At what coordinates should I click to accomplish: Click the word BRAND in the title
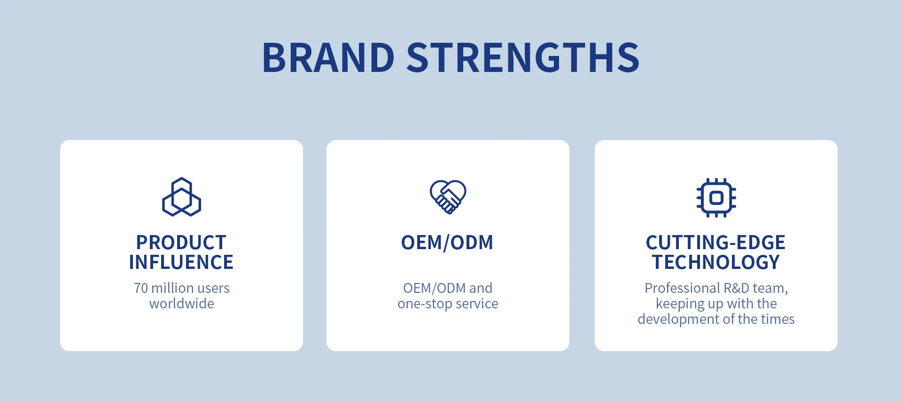click(x=328, y=58)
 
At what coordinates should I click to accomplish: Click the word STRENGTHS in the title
click(x=523, y=58)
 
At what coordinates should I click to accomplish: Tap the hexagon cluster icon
click(x=181, y=197)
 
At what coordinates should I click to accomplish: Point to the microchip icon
click(x=716, y=197)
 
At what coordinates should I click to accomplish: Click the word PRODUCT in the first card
click(x=181, y=243)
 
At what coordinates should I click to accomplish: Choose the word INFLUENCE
click(x=181, y=262)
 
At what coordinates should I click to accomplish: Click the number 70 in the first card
click(x=140, y=288)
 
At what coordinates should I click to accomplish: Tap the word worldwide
click(x=182, y=304)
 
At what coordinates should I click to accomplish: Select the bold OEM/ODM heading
click(x=447, y=243)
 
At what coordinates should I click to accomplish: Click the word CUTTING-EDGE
click(x=715, y=243)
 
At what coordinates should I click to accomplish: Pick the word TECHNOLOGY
click(x=716, y=262)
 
